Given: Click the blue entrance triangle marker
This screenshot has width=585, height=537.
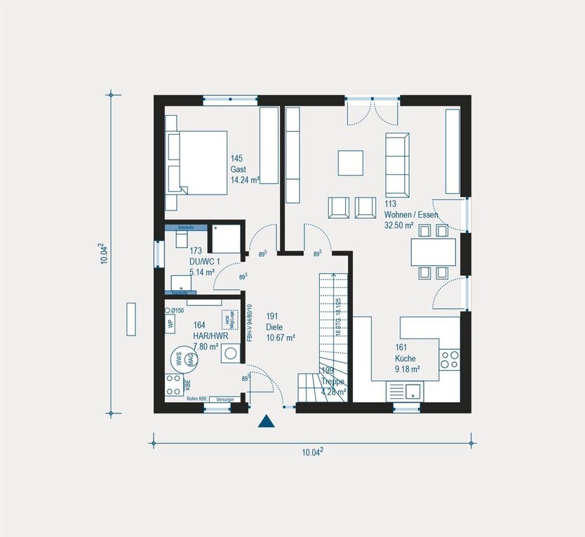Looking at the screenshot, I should [x=266, y=421].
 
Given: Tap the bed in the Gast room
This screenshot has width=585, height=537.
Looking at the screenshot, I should [x=196, y=162].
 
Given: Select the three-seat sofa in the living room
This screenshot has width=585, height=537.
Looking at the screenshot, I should [x=397, y=164].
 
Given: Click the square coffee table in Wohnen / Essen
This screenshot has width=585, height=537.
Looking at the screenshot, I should [x=351, y=162].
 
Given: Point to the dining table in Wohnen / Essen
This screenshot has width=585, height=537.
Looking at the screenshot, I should [x=433, y=251].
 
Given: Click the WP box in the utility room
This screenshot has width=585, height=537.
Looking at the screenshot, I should [x=170, y=324].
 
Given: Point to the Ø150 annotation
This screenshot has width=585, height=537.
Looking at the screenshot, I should [x=176, y=310].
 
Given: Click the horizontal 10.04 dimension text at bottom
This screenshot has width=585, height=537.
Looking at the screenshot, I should [x=312, y=453].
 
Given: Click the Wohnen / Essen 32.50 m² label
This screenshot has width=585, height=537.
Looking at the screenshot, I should [x=410, y=215].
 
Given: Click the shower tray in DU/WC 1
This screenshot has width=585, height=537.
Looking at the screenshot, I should [x=227, y=239].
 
